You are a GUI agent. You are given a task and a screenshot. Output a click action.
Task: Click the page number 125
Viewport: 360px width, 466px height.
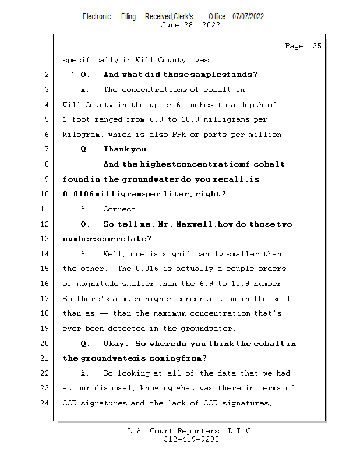[x=314, y=46]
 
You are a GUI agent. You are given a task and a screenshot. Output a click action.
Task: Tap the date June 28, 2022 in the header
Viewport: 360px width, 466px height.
[x=190, y=25]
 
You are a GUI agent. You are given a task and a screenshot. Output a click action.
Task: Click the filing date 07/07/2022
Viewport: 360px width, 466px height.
[x=248, y=16]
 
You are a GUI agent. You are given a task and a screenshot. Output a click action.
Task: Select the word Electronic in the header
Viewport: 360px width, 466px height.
[x=97, y=16]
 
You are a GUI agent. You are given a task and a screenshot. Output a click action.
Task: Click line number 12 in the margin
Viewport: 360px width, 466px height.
[x=45, y=224]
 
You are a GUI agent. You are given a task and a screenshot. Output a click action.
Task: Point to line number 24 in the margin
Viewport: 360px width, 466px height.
[x=45, y=403]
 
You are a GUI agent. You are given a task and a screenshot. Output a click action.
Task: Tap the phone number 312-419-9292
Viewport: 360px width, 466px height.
[x=191, y=439]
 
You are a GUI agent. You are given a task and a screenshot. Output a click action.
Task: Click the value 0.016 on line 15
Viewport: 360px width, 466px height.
[x=147, y=269]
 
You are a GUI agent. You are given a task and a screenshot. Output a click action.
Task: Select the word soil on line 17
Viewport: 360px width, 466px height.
[x=281, y=299]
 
